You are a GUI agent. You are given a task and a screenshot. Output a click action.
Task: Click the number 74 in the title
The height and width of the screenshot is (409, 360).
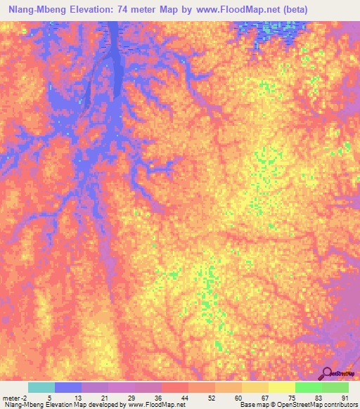point(126,10)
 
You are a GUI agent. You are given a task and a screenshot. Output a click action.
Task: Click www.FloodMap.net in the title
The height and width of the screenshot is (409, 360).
point(238,10)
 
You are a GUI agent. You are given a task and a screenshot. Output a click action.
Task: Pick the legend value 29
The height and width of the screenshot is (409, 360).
point(131,397)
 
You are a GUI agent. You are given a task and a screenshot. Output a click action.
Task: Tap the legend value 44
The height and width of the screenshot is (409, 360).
point(185,397)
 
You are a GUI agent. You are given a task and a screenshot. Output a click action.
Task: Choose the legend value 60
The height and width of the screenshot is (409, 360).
point(238,397)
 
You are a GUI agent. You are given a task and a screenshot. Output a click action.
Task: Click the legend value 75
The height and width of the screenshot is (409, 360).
point(292,397)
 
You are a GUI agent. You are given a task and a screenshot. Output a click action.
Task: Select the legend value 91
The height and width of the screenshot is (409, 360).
point(345,397)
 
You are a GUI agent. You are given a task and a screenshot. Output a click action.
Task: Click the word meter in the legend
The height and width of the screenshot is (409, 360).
point(12,397)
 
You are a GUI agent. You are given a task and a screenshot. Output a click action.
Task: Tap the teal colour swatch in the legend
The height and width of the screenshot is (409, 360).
point(41,387)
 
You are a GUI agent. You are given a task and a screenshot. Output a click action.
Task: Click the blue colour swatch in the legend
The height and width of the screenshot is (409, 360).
point(68,387)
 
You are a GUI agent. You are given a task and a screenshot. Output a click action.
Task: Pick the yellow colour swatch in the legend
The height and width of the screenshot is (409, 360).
point(281,387)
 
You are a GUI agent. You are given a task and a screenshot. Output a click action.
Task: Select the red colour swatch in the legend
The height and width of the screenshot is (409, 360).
point(174,387)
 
